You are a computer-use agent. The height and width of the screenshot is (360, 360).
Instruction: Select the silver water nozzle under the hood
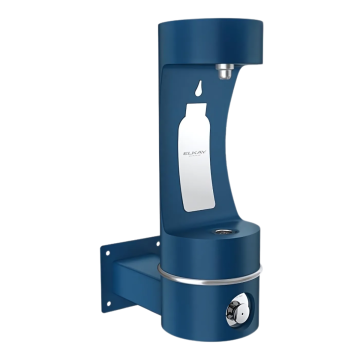pos(228,71)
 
